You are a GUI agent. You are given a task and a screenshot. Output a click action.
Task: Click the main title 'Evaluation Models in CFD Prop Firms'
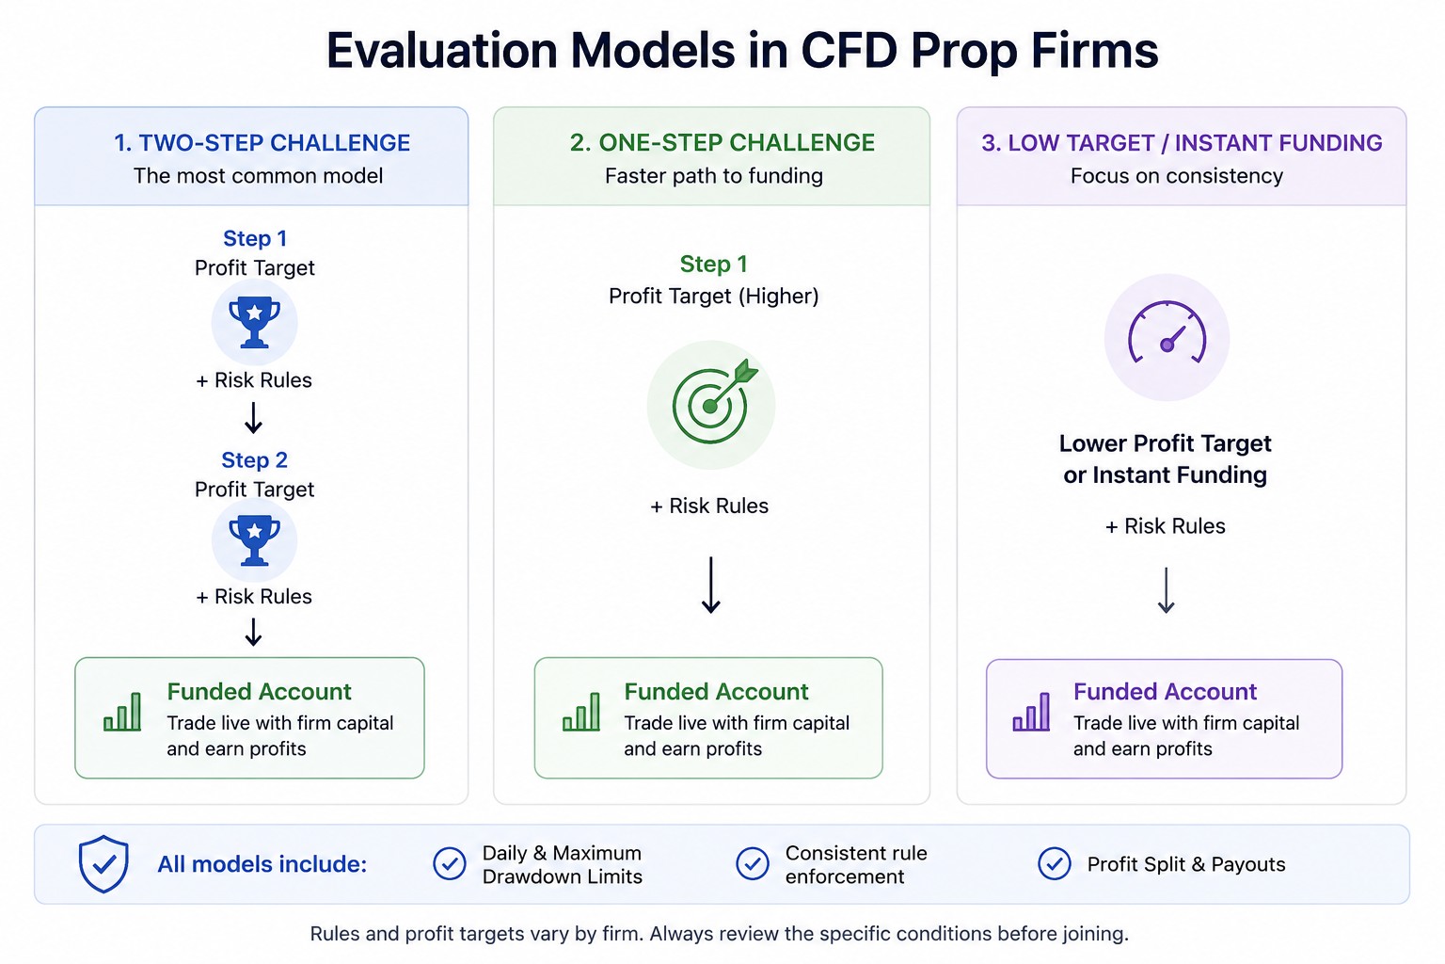click(x=742, y=50)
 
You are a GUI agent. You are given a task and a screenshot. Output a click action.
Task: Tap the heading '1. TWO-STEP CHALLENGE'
click(x=262, y=143)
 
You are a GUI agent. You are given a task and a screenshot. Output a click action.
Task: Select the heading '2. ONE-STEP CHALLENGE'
click(x=722, y=143)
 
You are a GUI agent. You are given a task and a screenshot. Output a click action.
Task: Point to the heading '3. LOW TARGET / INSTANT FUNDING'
click(x=1182, y=143)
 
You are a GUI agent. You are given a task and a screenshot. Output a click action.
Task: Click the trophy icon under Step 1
click(x=254, y=322)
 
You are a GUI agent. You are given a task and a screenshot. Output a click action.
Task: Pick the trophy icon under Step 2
click(x=254, y=540)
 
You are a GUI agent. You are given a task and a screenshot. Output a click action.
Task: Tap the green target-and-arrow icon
click(x=712, y=403)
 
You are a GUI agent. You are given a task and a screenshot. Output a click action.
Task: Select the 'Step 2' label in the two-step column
click(x=254, y=459)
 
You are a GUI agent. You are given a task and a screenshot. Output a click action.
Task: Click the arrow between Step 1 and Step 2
click(x=253, y=418)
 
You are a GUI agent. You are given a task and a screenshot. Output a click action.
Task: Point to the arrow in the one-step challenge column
click(x=711, y=585)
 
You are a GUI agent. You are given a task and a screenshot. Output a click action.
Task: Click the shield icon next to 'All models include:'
click(x=103, y=864)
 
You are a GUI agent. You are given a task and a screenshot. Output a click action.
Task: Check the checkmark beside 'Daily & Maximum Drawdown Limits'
click(x=450, y=864)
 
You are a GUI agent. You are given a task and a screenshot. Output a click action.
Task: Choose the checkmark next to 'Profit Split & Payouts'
click(x=1054, y=864)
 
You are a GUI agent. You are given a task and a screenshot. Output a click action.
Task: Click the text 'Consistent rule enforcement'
click(x=856, y=864)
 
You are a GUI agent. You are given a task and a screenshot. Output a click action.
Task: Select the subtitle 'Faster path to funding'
click(x=713, y=176)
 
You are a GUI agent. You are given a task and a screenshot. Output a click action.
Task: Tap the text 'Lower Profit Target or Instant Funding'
click(x=1165, y=459)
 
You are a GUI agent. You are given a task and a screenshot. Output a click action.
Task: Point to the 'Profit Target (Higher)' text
click(x=713, y=297)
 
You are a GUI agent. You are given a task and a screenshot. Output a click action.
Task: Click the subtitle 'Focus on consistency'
click(x=1177, y=176)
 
